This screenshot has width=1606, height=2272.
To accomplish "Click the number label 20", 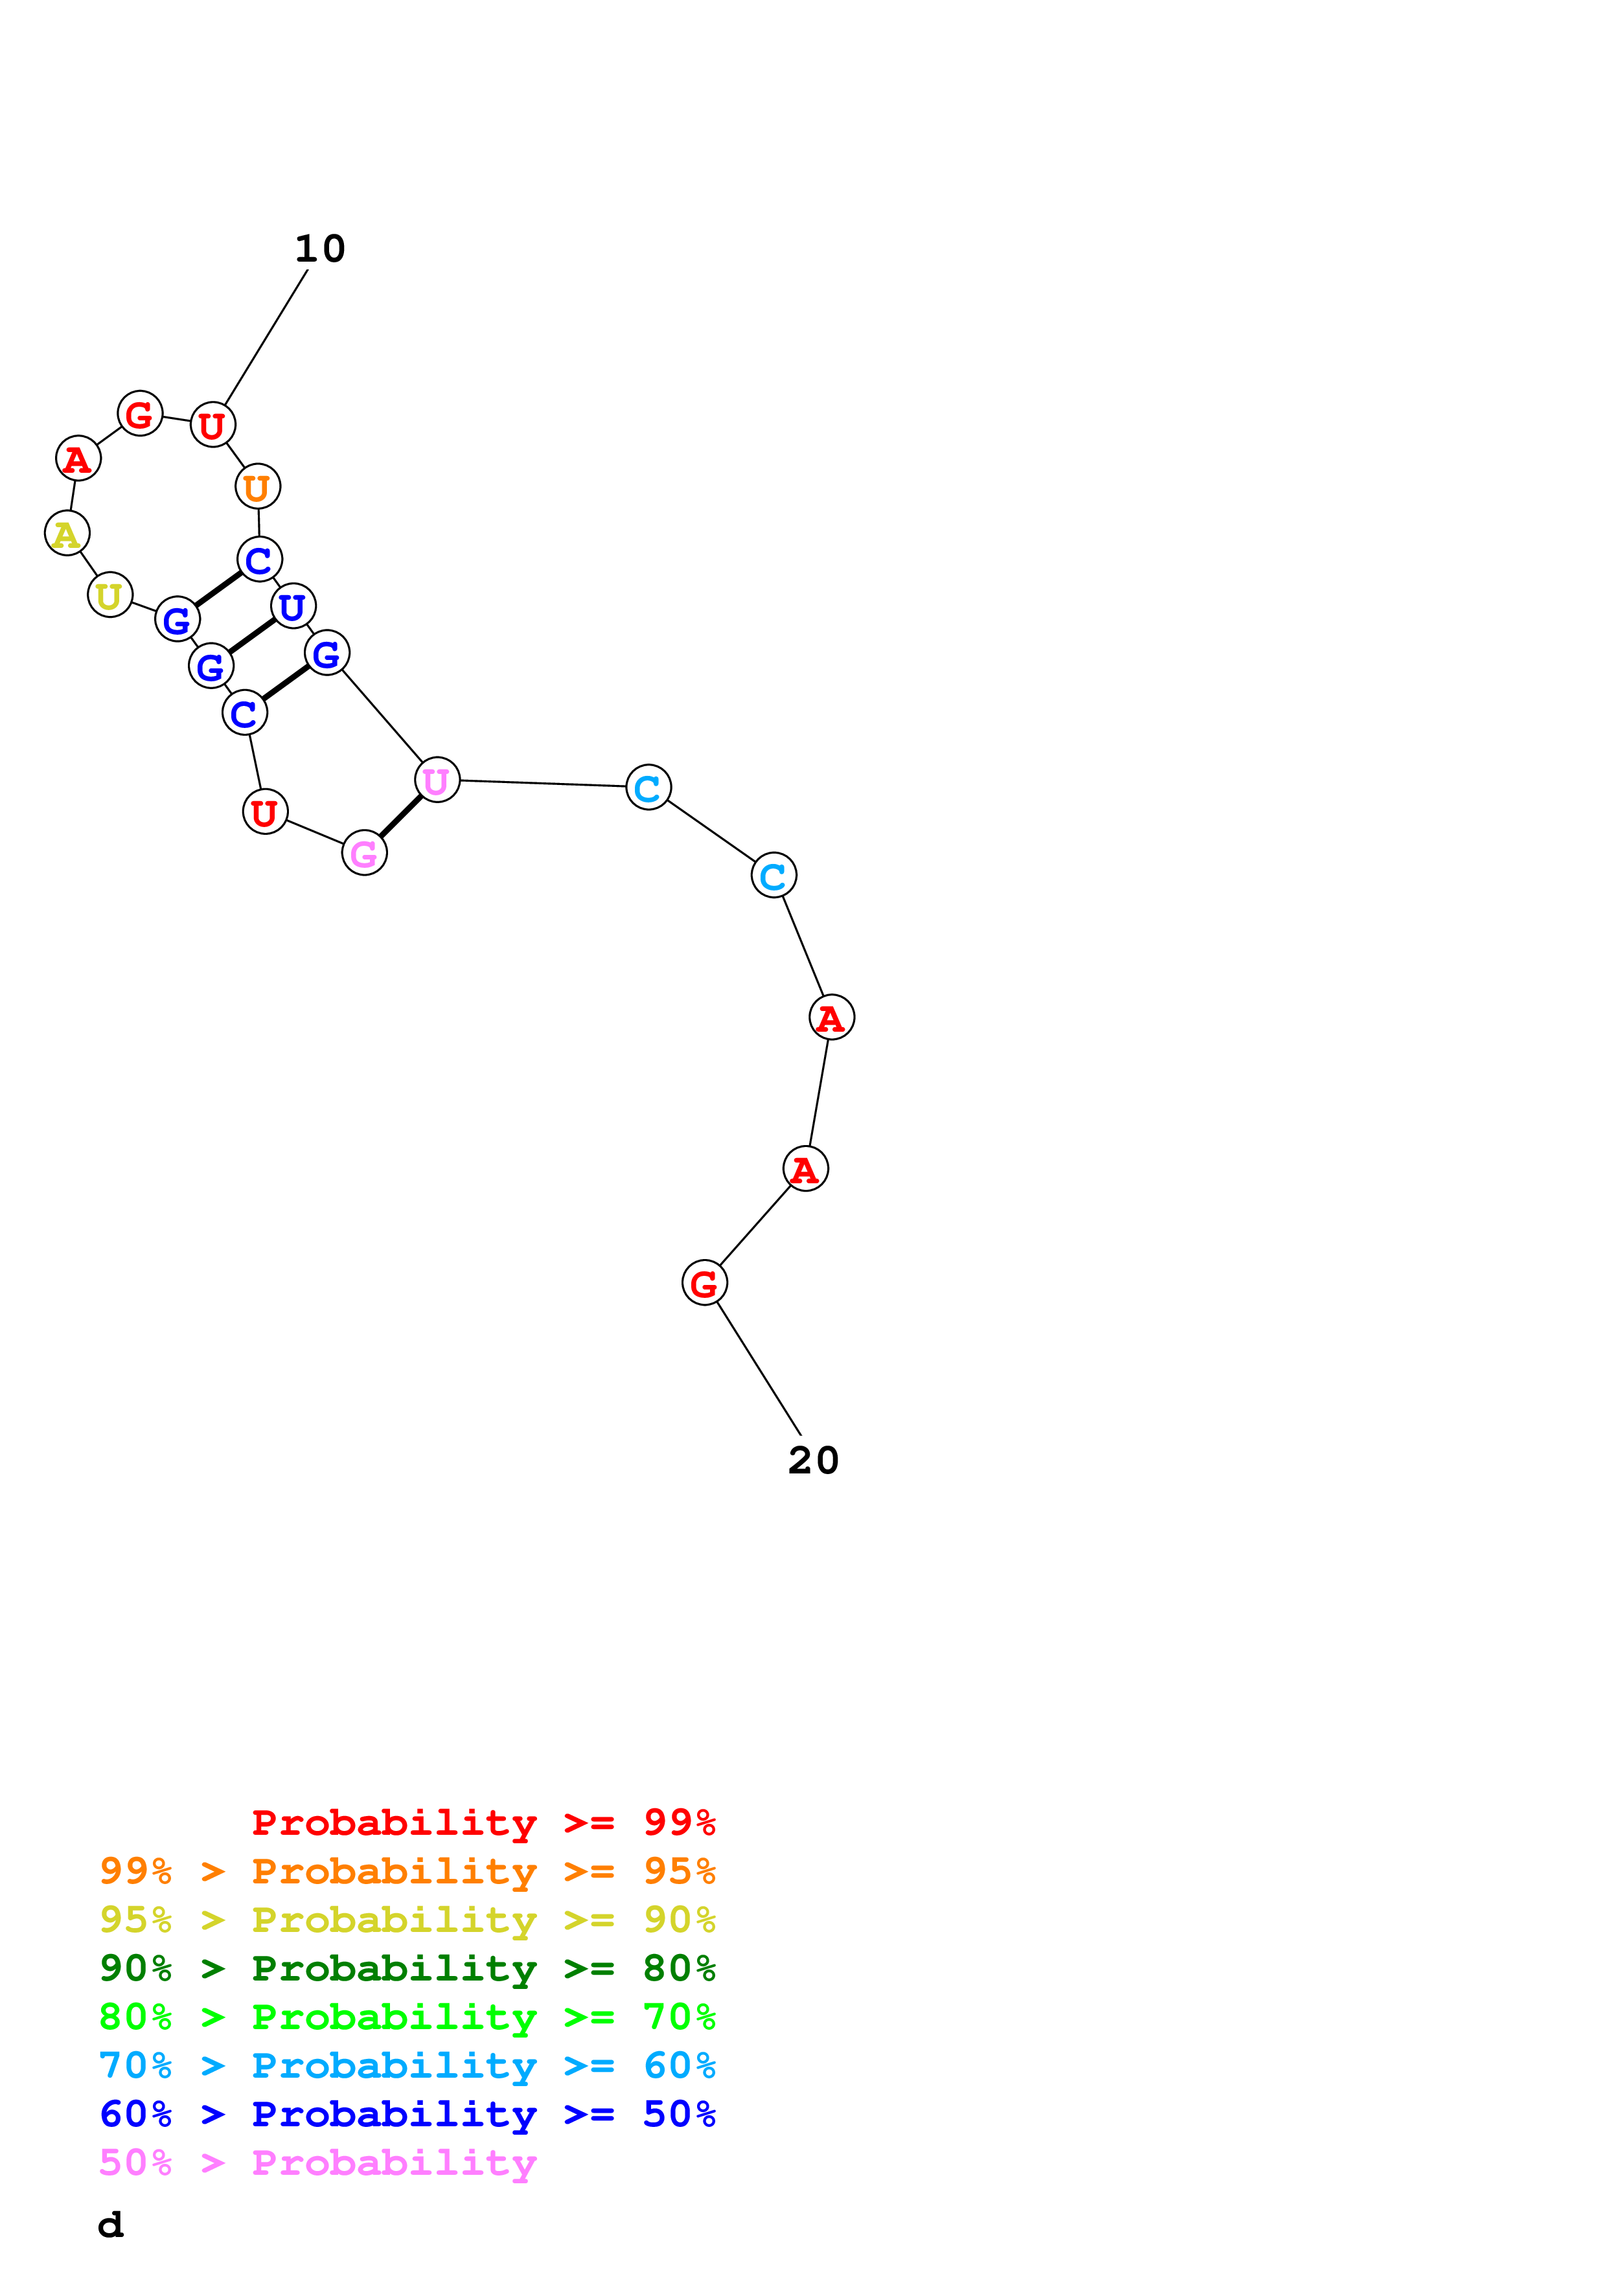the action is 814,1460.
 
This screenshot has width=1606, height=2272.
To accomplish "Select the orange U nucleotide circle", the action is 257,487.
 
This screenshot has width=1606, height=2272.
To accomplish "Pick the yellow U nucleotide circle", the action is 110,595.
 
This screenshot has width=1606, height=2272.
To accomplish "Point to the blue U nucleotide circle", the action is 293,607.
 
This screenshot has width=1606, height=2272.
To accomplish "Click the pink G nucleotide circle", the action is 364,853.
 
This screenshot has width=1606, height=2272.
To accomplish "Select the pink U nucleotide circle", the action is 437,780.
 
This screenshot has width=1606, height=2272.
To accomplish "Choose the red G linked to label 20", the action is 705,1284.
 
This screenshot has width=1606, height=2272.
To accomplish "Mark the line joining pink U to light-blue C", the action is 542,784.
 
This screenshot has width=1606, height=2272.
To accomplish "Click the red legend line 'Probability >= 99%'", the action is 483,1822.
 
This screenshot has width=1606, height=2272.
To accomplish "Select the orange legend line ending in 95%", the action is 407,1871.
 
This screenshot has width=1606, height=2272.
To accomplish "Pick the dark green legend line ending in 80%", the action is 407,1968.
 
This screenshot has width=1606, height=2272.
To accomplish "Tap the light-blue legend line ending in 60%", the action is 407,2065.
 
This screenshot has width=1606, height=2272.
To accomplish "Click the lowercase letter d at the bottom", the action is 111,2225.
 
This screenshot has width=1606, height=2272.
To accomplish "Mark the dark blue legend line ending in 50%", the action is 407,2114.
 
